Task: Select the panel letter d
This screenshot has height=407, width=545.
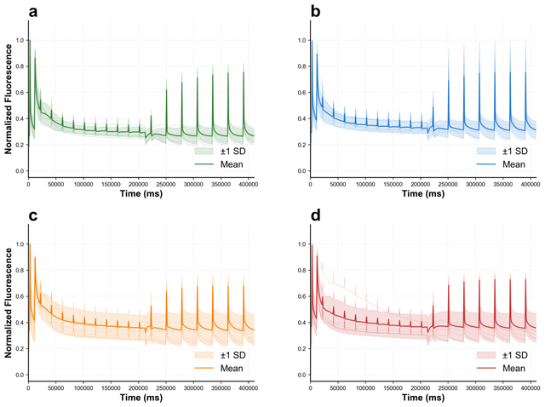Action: [290, 215]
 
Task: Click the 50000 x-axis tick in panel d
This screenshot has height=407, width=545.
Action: [337, 387]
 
